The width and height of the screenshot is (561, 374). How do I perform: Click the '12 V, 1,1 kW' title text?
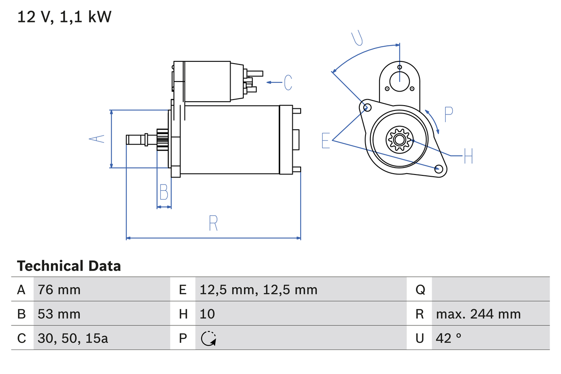tap(64, 17)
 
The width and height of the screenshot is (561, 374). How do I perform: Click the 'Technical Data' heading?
tap(69, 266)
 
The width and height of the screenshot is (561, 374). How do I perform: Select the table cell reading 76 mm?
tap(59, 289)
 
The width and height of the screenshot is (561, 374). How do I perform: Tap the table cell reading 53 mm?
tap(59, 314)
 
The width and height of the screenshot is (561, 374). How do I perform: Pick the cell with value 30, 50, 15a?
tap(73, 338)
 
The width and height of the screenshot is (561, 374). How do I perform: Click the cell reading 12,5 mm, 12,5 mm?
tap(258, 289)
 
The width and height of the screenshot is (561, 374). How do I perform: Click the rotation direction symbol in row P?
tap(208, 338)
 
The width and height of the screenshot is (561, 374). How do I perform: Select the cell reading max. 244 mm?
tap(478, 314)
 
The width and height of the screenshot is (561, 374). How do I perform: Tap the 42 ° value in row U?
tap(449, 338)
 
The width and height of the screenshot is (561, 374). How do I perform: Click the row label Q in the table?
tap(420, 289)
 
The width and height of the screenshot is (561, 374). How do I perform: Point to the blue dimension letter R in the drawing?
tap(213, 223)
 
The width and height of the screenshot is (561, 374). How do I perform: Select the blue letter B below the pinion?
tap(163, 192)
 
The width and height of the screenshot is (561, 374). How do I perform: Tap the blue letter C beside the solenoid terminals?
tap(288, 82)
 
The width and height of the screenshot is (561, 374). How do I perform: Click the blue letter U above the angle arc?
tap(357, 38)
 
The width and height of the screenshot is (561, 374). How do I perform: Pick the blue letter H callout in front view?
tap(468, 156)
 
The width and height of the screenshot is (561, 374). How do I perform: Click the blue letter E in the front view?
tap(326, 140)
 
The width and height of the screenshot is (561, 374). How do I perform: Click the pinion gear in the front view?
tap(399, 140)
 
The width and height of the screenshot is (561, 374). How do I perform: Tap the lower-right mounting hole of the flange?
tap(438, 169)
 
